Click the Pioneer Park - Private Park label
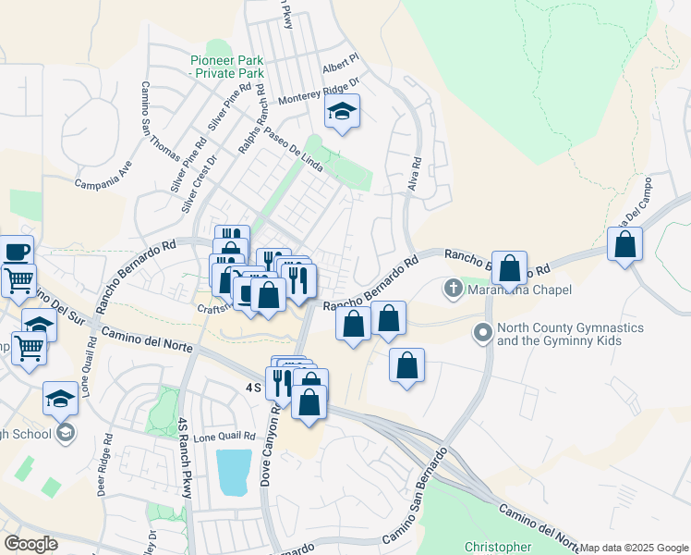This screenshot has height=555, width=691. (x=226, y=66)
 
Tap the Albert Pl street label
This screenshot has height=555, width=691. (x=339, y=69)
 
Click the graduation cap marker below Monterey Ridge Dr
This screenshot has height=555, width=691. (x=342, y=113)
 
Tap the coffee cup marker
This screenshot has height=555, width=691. (x=15, y=251)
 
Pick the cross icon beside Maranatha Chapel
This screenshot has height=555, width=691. (x=454, y=289)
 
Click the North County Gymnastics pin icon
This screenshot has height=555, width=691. (x=481, y=332)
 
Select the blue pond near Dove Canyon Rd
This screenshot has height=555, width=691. (x=234, y=472)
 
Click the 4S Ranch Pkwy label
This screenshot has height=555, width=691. (x=186, y=458)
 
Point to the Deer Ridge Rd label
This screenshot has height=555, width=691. (x=103, y=466)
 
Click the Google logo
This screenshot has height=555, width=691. (x=30, y=544)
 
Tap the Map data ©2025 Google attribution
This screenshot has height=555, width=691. (x=634, y=548)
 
